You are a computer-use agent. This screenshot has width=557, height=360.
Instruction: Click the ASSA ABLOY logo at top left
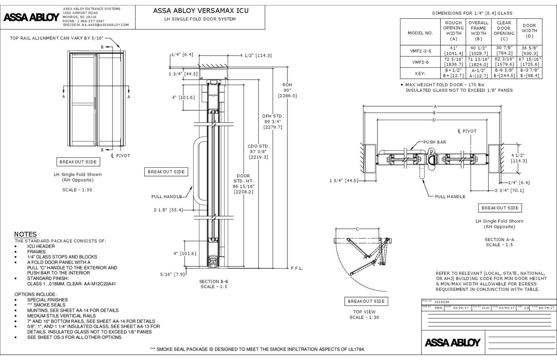point(31,17)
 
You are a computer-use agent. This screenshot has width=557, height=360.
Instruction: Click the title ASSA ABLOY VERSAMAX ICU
point(201,10)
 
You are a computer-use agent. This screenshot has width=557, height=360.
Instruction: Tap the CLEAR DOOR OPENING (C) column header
point(503,31)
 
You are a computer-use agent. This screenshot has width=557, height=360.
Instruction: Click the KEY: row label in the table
point(420,73)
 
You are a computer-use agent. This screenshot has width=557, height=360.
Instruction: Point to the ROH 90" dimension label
point(287,90)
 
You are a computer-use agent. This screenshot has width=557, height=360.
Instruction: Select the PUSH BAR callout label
point(434,142)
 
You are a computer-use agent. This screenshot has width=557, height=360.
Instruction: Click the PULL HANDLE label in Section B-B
point(166,197)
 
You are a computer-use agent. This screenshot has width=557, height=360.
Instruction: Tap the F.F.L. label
point(297,268)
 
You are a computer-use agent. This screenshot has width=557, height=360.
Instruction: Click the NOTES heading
point(25,234)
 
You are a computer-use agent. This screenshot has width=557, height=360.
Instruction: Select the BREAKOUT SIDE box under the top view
point(366,301)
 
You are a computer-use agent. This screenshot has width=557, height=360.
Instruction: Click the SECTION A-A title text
point(499,239)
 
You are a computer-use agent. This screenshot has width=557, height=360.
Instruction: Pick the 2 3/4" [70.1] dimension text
point(509,190)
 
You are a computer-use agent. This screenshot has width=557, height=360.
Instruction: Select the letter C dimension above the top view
point(358,229)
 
